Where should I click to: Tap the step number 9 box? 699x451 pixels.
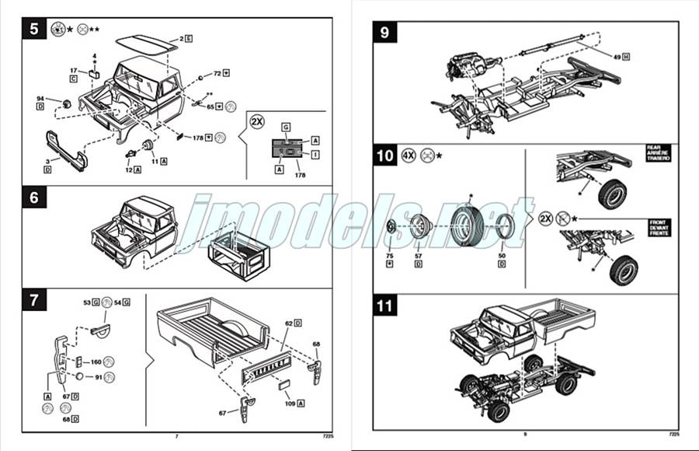[384, 33]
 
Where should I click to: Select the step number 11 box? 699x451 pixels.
[385, 306]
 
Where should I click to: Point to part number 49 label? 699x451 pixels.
[616, 58]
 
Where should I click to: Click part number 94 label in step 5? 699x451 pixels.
[40, 99]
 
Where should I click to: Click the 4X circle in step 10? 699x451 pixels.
[409, 155]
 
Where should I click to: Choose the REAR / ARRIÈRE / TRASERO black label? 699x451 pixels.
[657, 152]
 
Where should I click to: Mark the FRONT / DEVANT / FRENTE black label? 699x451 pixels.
[657, 227]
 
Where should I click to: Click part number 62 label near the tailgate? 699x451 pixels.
[288, 322]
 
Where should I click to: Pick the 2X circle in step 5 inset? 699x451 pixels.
[257, 121]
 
